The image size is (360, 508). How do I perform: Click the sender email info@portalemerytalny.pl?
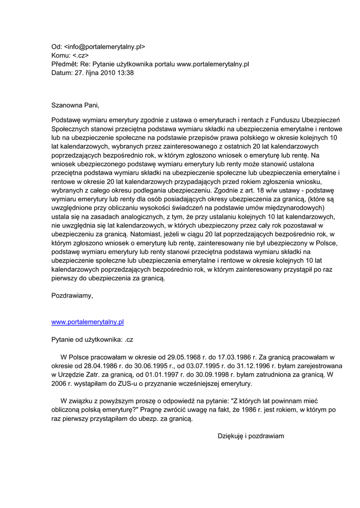[105, 47]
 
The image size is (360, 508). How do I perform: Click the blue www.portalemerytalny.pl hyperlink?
[87, 322]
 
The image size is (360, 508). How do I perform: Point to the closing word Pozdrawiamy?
[72, 296]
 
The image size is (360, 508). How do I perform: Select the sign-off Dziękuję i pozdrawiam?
[251, 436]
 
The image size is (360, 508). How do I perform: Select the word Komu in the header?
[61, 56]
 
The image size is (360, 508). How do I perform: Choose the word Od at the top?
[56, 47]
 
